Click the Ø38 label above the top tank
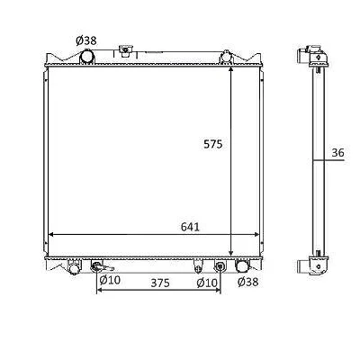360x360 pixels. [86, 40]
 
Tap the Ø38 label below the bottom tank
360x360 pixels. [247, 282]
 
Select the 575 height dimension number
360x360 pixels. [213, 144]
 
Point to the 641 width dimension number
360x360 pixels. [190, 227]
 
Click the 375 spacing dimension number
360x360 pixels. [160, 283]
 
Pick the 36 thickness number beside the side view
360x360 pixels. [337, 153]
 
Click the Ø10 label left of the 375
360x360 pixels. [110, 280]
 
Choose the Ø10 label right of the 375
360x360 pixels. [207, 283]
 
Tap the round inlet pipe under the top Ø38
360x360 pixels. [87, 57]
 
